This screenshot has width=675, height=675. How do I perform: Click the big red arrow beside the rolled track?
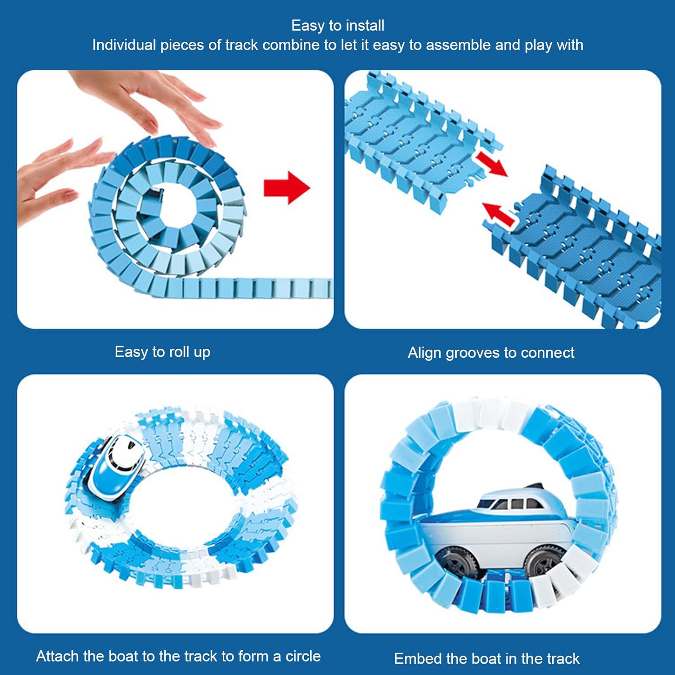tap(287, 188)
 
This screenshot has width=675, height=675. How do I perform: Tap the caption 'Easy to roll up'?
tap(162, 352)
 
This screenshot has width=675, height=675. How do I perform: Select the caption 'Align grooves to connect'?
tap(491, 353)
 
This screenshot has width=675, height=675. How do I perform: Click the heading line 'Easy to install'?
tap(338, 26)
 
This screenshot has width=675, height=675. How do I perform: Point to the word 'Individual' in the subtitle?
tap(124, 45)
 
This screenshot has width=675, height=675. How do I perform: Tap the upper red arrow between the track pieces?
tap(491, 164)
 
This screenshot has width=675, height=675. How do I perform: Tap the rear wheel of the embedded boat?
tap(456, 562)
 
